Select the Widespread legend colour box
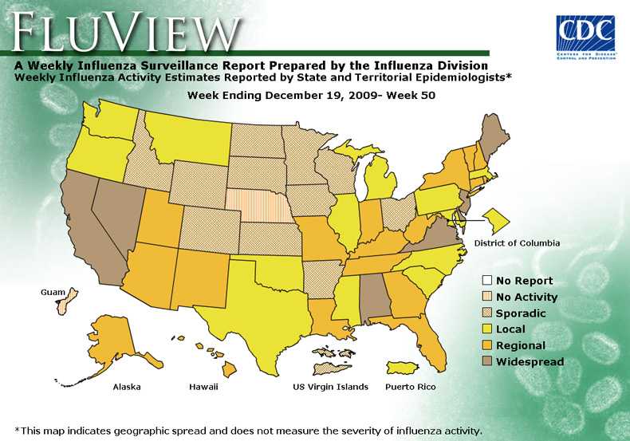point(486,362)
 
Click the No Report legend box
point(486,281)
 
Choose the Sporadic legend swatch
point(486,313)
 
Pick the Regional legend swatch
point(486,346)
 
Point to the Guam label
point(53,293)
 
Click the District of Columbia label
point(517,242)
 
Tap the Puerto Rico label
point(411,387)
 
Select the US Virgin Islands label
point(331,387)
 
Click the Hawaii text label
point(203,387)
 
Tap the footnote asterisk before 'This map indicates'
point(18,429)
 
